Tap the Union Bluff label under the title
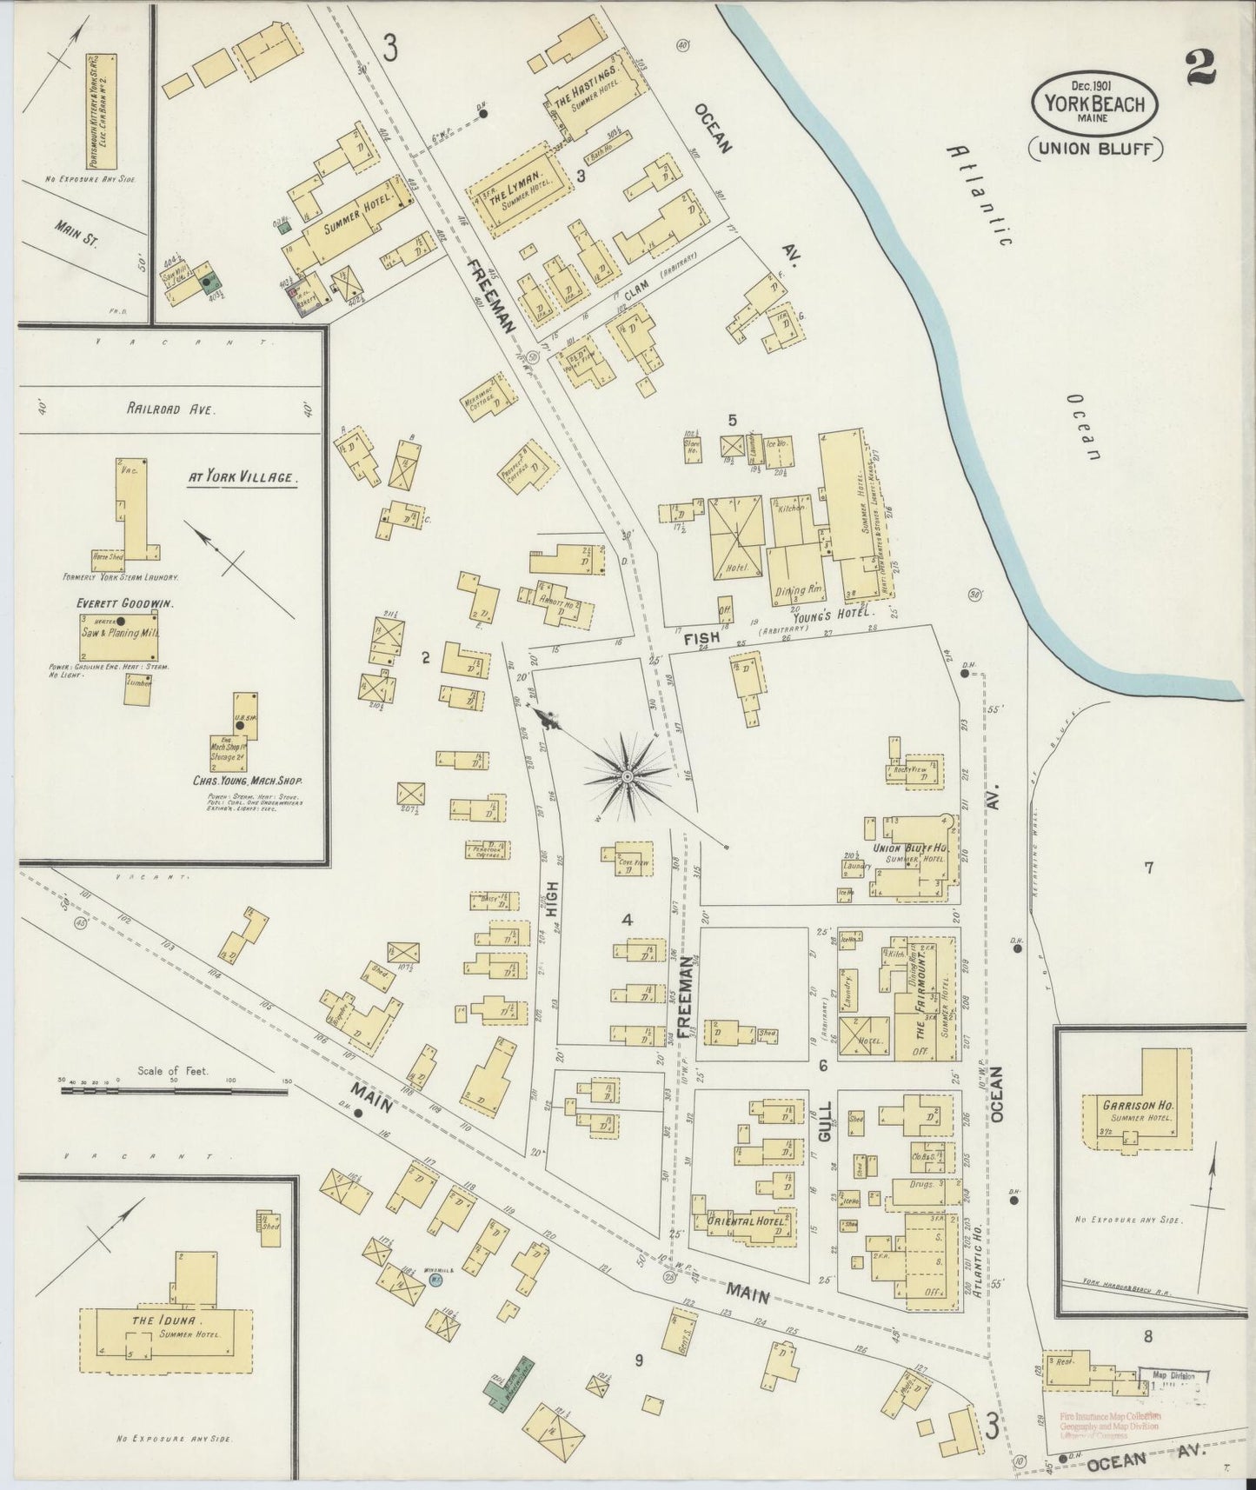coord(1095,149)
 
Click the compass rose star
coord(627,774)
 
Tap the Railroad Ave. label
coord(163,409)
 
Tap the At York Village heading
coord(243,477)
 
